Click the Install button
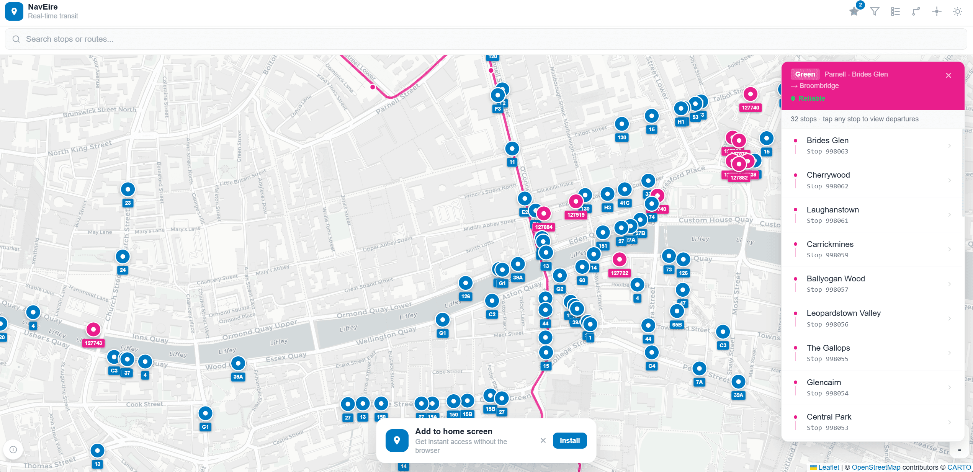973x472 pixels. click(569, 441)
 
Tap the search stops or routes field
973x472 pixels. click(486, 39)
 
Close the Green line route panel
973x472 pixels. click(948, 75)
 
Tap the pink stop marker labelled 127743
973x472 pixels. click(93, 329)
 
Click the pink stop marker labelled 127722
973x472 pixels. click(619, 260)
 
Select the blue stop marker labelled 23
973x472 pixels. click(128, 189)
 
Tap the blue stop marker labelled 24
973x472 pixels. click(123, 256)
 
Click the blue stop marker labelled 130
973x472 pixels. click(622, 124)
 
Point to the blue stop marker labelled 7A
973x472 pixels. click(699, 369)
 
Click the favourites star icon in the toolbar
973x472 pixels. click(854, 11)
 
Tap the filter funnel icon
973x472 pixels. click(875, 11)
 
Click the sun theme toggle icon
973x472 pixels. click(957, 11)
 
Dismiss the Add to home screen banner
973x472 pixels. click(543, 441)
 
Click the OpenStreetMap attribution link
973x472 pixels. click(876, 467)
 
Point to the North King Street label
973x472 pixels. click(80, 149)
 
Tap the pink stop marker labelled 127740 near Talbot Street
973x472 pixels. click(750, 94)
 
